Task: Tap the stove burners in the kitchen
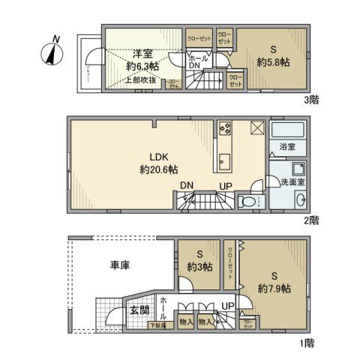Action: pyautogui.click(x=225, y=127)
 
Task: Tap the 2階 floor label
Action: pyautogui.click(x=313, y=220)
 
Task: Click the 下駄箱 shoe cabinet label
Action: pyautogui.click(x=157, y=325)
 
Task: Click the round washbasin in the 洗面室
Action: pyautogui.click(x=299, y=199)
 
